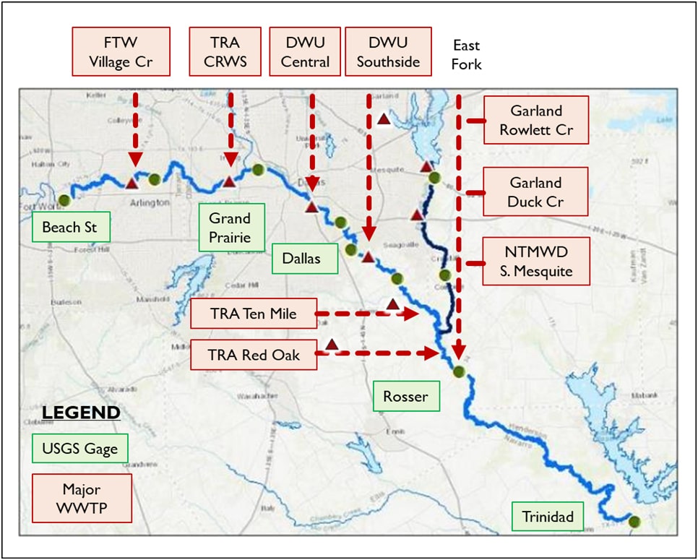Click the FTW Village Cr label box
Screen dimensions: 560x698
point(121,51)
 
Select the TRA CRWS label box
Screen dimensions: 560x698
point(225,51)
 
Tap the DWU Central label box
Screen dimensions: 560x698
point(305,51)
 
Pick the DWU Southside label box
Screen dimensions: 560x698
point(388,51)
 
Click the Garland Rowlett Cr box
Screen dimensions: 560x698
point(536,120)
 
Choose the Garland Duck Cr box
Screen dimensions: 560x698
point(536,191)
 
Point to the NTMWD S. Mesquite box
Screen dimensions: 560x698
point(536,262)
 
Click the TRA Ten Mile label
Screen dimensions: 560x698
point(254,314)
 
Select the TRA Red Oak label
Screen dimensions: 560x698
point(254,355)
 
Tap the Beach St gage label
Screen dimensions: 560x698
point(70,227)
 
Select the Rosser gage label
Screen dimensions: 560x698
point(406,396)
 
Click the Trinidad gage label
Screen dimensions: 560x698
point(547,516)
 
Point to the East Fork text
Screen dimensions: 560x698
point(466,55)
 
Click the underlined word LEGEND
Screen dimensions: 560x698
point(81,413)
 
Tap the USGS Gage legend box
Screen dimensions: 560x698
point(79,449)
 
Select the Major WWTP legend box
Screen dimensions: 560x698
point(82,498)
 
